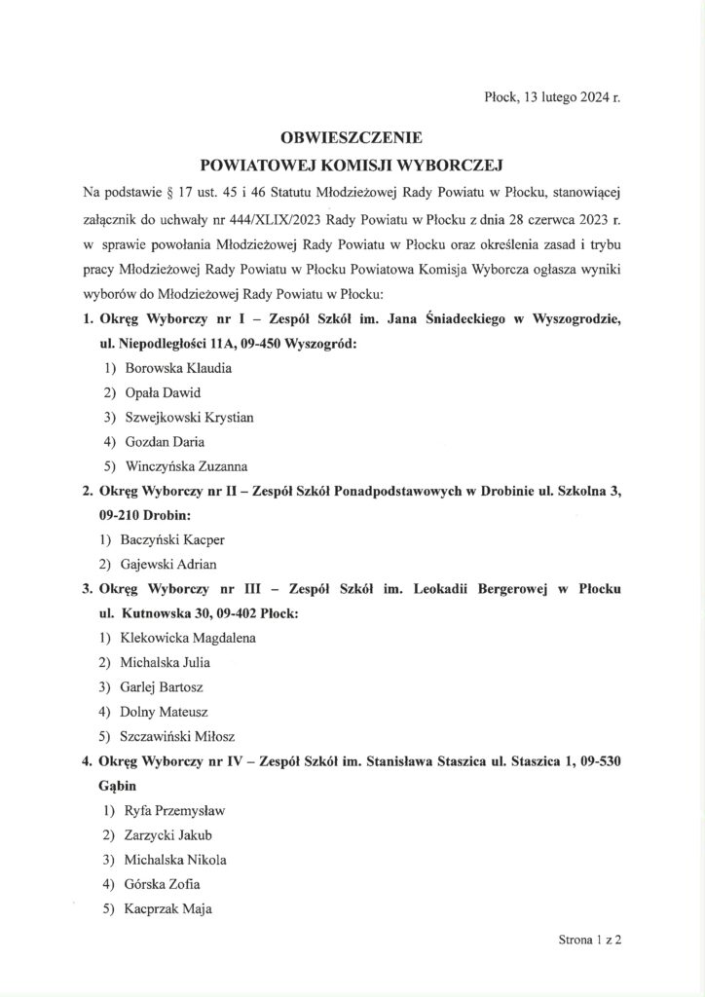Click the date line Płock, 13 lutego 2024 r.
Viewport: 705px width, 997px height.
(x=551, y=98)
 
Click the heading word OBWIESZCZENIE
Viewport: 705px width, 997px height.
(x=352, y=139)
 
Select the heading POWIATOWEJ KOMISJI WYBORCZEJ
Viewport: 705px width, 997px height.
(x=352, y=165)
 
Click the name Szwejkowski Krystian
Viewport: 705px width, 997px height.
(x=189, y=417)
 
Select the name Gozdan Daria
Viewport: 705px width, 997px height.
(x=166, y=441)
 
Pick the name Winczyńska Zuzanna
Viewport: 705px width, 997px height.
(x=186, y=465)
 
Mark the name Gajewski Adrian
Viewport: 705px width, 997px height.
(x=170, y=564)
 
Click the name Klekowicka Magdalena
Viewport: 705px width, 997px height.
(x=190, y=638)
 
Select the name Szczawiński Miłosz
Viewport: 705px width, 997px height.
(x=180, y=736)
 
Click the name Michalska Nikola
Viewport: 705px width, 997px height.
(x=173, y=860)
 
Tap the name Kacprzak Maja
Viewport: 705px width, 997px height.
(x=168, y=909)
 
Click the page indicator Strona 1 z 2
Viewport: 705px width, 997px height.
(x=589, y=942)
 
